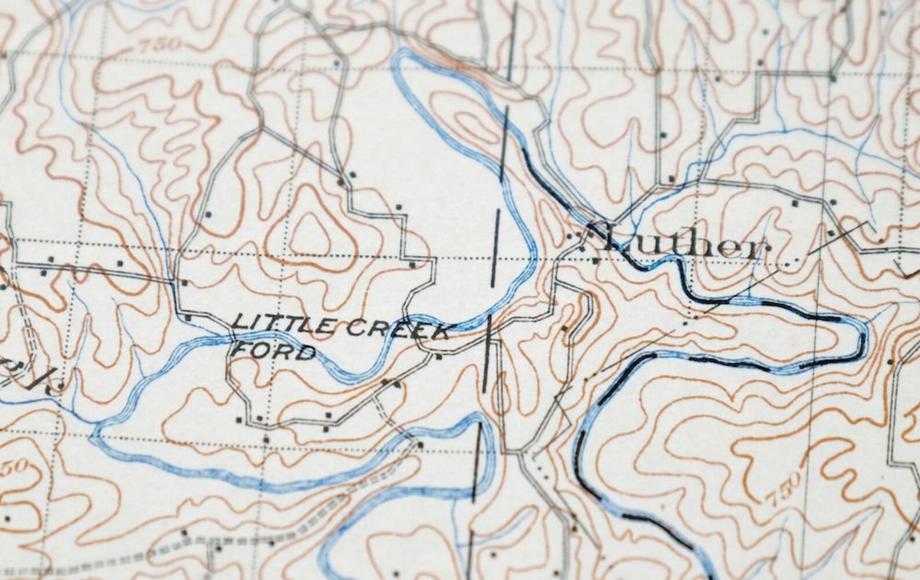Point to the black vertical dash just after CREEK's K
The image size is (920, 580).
(x=488, y=353)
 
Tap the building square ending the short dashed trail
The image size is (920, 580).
(x=420, y=445)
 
